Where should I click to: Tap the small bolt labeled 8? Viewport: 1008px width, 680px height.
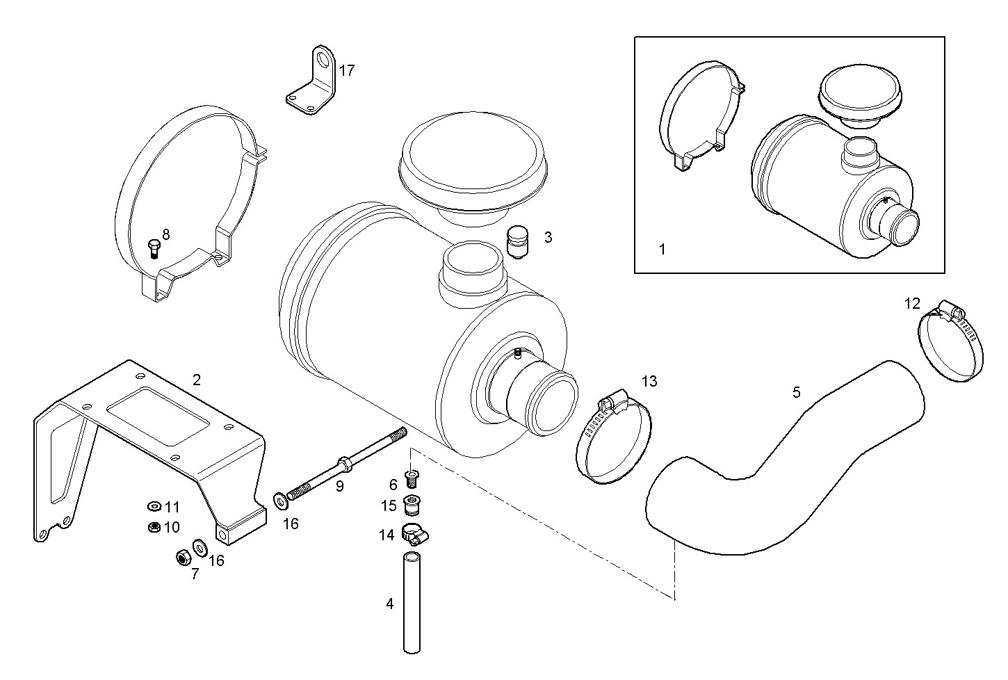click(x=154, y=248)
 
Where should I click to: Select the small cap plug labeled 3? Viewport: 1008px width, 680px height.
click(x=517, y=241)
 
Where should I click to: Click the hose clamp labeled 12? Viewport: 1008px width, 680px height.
click(x=951, y=344)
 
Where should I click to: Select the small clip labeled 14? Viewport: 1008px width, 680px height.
click(x=416, y=534)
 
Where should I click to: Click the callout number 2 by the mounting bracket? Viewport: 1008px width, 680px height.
click(x=197, y=380)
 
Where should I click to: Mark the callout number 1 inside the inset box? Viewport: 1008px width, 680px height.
click(x=662, y=248)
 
